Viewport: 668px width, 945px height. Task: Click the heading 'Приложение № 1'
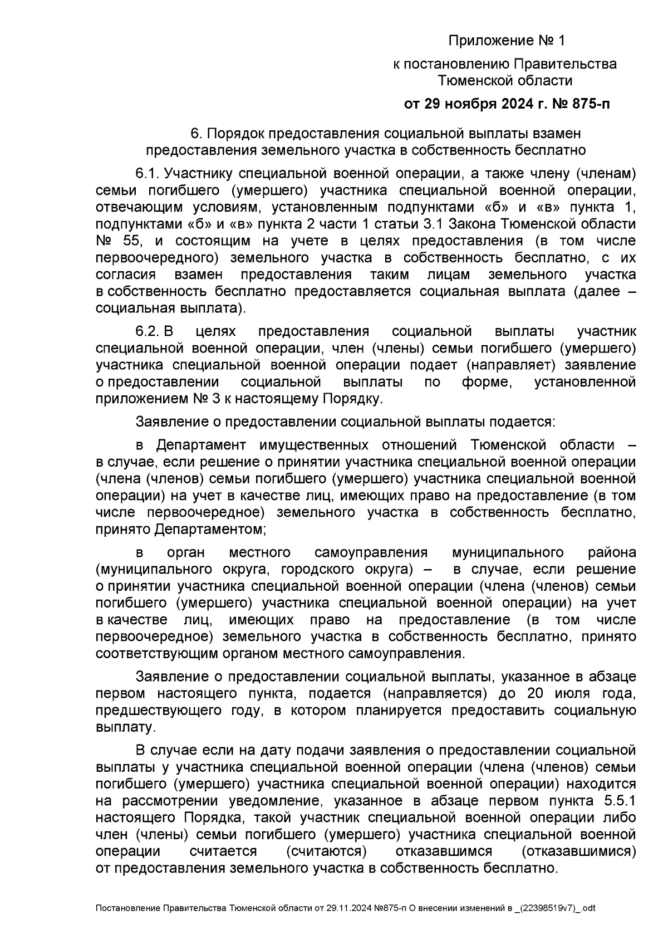(x=506, y=41)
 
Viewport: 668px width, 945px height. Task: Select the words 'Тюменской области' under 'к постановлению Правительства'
(x=505, y=81)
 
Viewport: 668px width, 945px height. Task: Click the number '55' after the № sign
(x=132, y=241)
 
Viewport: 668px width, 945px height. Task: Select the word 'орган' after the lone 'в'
(x=186, y=552)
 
